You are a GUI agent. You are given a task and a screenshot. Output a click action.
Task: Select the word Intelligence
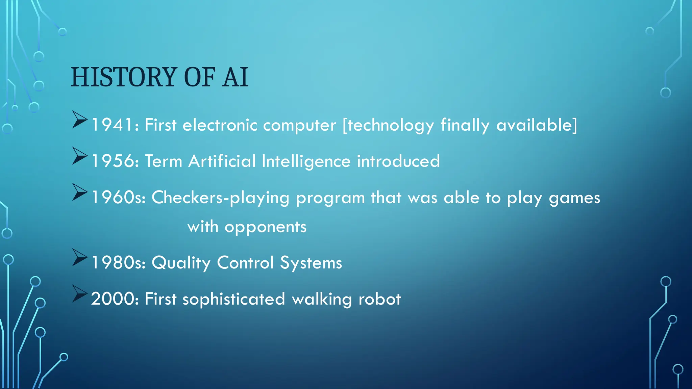(x=306, y=161)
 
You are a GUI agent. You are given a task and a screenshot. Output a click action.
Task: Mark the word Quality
(x=181, y=263)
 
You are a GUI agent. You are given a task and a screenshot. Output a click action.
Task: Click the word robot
(x=379, y=299)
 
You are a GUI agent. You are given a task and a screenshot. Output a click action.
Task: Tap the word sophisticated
(x=233, y=300)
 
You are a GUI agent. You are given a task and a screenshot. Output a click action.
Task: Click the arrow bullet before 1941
(x=79, y=120)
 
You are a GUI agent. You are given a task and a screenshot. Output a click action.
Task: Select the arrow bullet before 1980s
(x=79, y=257)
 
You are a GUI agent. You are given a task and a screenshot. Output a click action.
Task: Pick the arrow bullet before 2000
(x=79, y=293)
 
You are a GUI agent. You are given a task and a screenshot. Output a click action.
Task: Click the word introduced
(x=398, y=161)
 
